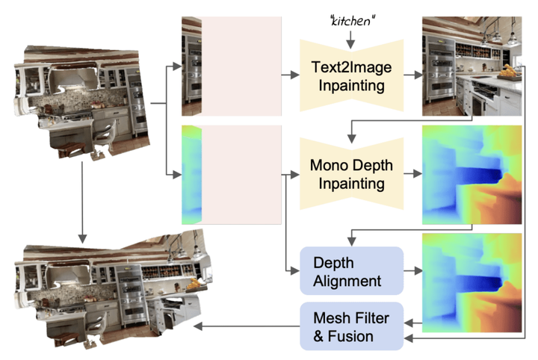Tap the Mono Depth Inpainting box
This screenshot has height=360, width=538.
point(351,173)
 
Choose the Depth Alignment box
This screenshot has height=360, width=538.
point(351,270)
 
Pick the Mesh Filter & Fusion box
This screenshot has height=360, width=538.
point(351,326)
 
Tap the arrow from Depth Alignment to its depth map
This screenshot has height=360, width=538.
point(412,270)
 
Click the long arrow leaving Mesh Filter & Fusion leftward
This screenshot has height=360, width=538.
point(247,326)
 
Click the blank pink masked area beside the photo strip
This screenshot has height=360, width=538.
point(241,66)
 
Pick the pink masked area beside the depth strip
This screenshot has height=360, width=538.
point(241,175)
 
